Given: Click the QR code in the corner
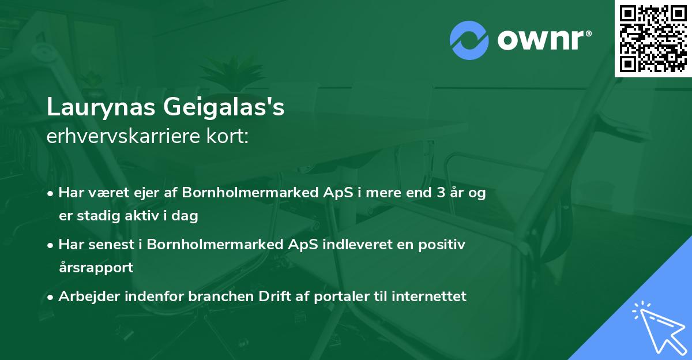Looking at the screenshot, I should click(653, 39).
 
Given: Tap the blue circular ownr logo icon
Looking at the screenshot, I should click(469, 39).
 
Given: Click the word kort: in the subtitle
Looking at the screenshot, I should click(228, 137).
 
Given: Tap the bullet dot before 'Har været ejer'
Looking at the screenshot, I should click(51, 193).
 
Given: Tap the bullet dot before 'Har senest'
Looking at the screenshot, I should click(51, 245).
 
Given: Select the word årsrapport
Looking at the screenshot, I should click(96, 267).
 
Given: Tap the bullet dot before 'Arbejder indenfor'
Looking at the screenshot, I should click(51, 297).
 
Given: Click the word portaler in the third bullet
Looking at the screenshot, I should click(329, 296).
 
